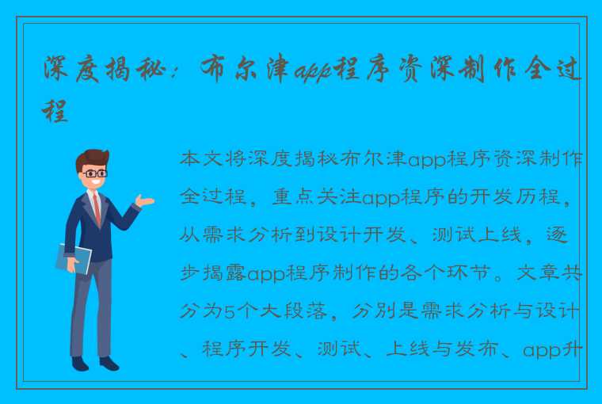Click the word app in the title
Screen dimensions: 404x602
314,71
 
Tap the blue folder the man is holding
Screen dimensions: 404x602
74,258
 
